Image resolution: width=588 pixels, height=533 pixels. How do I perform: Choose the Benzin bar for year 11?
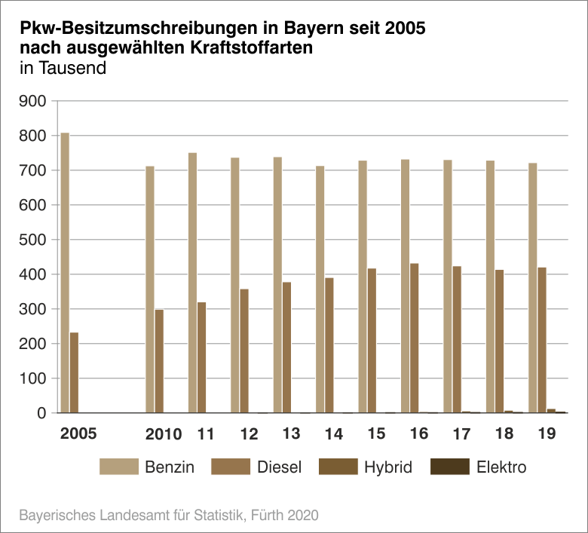click(192, 283)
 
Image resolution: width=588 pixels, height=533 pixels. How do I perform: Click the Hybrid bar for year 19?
click(551, 411)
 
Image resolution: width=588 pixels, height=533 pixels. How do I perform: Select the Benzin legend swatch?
click(119, 467)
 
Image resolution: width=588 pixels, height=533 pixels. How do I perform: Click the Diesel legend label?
click(279, 467)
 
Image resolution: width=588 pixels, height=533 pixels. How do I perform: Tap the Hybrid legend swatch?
click(338, 467)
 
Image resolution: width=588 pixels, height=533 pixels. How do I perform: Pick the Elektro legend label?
click(501, 467)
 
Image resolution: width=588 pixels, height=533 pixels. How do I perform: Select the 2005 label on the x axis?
click(78, 434)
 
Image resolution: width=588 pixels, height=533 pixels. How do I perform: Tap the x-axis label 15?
click(377, 434)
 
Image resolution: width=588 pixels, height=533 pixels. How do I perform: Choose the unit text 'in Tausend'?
click(63, 67)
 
